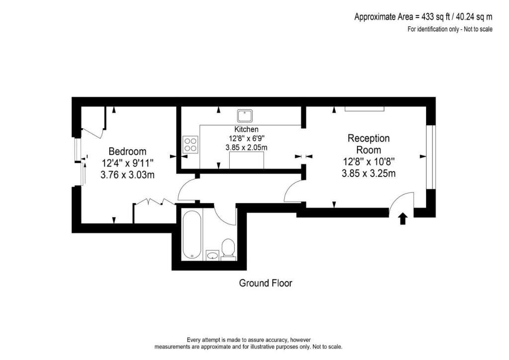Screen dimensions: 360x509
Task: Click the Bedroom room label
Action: point(127,151)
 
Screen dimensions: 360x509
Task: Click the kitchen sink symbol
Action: point(245,116)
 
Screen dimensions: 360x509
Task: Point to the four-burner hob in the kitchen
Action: point(190,144)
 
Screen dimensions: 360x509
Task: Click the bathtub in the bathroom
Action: point(191,234)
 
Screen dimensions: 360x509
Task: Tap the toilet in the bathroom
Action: point(228,249)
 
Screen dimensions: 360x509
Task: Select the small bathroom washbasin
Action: point(212,256)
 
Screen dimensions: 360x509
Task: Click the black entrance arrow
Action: point(403,218)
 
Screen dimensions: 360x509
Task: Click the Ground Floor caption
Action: point(265,283)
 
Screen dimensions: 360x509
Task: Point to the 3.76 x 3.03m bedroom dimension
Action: point(128,175)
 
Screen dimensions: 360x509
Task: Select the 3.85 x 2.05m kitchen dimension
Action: point(247,147)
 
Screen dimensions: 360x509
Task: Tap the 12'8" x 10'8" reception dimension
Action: point(368,162)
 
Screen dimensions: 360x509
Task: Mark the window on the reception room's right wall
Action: point(431,157)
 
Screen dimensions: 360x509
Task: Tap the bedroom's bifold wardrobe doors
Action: point(154,201)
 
